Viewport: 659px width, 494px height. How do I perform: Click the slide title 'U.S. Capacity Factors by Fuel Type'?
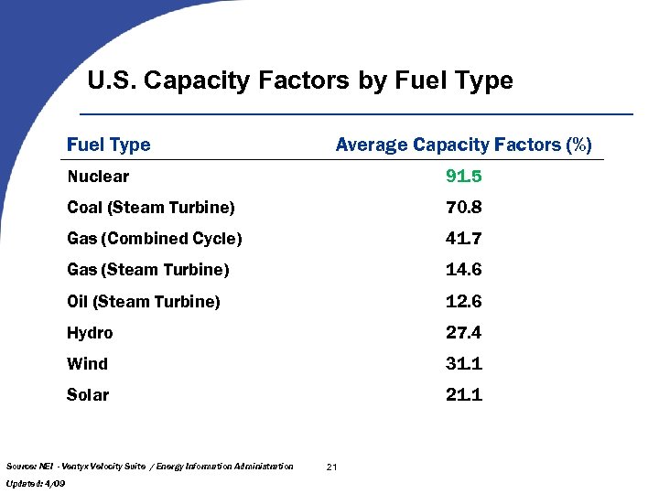coord(300,81)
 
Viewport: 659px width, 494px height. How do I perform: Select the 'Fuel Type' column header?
coord(109,145)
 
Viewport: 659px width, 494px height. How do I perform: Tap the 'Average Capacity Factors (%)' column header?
coord(463,145)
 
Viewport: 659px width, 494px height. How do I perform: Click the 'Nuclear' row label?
coord(98,177)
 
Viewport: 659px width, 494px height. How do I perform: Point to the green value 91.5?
coord(463,177)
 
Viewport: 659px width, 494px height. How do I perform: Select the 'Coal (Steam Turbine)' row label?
coord(151,208)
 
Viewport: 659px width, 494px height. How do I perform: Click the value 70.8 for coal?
coord(463,208)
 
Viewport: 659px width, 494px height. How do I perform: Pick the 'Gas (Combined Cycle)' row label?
coord(155,239)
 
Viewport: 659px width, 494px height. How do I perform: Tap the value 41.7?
coord(463,239)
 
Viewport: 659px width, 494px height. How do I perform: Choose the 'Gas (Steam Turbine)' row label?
coord(148,270)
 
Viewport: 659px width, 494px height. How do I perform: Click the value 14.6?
coord(463,270)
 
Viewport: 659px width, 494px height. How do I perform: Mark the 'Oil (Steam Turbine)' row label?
coord(144,301)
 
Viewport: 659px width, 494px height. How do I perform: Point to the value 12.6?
coord(463,301)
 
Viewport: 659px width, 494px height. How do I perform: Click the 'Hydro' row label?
coord(90,333)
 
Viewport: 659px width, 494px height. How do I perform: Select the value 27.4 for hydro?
coord(463,333)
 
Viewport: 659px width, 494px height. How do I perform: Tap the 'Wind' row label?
coord(87,364)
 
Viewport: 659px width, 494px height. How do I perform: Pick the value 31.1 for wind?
coord(463,364)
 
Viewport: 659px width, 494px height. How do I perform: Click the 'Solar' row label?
coord(88,395)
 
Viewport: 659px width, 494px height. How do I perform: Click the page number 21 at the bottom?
coord(331,467)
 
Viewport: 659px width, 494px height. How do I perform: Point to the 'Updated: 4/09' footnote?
coord(35,482)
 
